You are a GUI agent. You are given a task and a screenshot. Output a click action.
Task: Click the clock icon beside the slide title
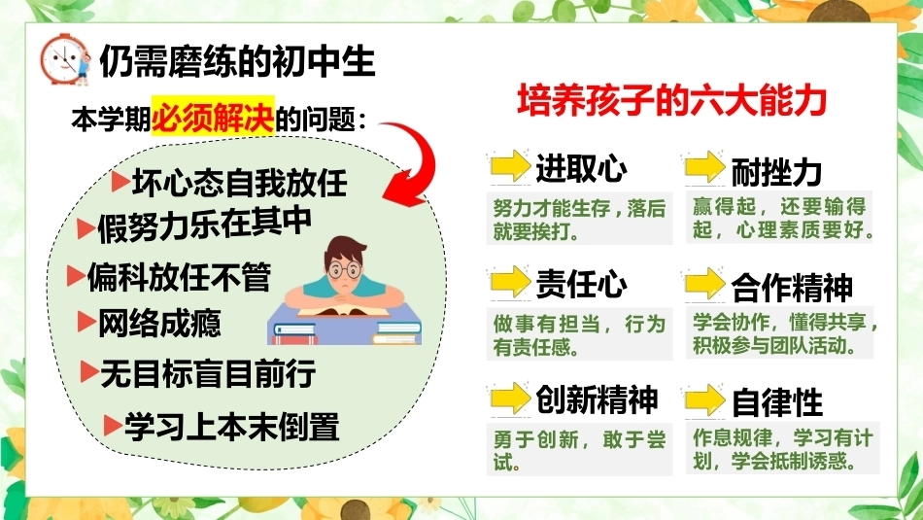[65, 59]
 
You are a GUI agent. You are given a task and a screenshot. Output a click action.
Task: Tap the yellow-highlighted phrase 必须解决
[213, 116]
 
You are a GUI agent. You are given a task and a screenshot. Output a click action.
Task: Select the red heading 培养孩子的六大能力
[672, 101]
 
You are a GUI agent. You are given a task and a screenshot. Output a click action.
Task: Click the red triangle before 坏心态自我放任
[120, 182]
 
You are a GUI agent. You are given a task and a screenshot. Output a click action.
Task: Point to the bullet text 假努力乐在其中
[204, 225]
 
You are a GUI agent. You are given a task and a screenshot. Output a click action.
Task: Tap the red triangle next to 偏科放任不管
[76, 276]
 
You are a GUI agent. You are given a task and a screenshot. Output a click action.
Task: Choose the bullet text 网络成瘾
[159, 324]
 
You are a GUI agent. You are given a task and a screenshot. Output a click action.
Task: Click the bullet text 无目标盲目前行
[208, 373]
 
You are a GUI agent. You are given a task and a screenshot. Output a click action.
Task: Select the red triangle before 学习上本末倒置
[113, 425]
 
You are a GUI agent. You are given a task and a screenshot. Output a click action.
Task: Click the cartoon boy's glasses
[344, 270]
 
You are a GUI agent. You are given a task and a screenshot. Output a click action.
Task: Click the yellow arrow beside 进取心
[510, 165]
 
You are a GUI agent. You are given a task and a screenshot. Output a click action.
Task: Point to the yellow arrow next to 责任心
[510, 281]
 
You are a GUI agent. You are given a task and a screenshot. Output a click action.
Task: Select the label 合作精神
[792, 288]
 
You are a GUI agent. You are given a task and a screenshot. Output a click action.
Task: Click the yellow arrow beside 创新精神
[510, 398]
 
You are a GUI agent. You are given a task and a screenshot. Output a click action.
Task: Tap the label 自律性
[776, 402]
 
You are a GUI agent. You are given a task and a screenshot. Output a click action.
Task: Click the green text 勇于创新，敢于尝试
[579, 450]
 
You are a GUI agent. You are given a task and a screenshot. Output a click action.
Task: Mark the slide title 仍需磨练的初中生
[237, 60]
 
